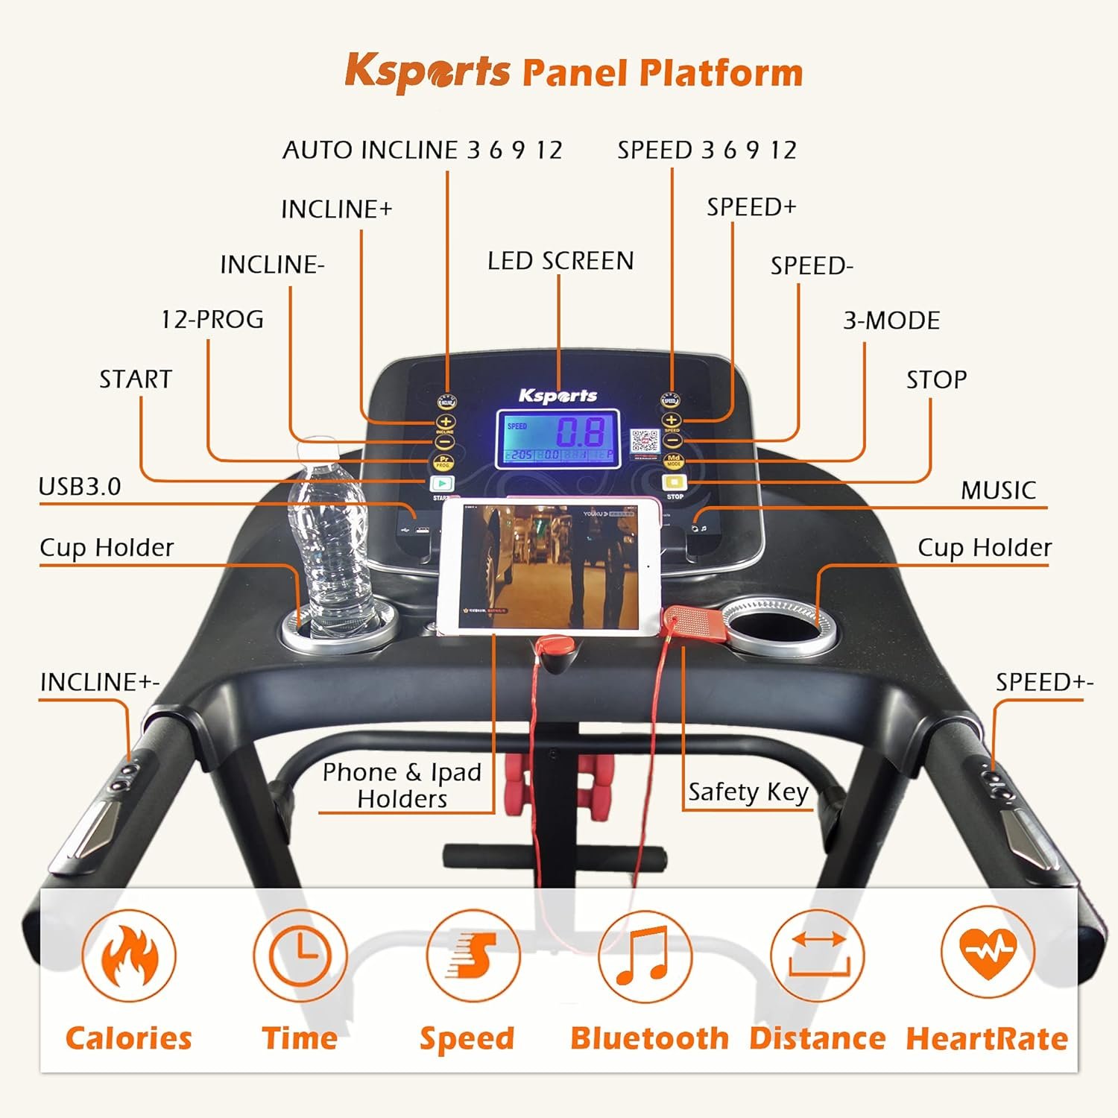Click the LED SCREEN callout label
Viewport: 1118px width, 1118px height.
(x=560, y=261)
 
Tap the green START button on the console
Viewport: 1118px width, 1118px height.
(x=442, y=484)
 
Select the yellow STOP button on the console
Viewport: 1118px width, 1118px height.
(x=674, y=482)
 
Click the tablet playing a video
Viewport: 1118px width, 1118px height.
(x=549, y=566)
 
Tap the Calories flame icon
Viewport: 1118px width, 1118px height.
(x=129, y=956)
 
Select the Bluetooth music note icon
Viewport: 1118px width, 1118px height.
(x=645, y=956)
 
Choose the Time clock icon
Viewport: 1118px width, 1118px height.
(x=300, y=956)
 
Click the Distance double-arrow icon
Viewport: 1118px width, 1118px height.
(x=818, y=956)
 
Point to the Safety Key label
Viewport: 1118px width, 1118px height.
(x=748, y=792)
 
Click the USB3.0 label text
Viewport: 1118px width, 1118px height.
(x=80, y=487)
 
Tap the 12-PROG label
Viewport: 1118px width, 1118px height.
(x=212, y=320)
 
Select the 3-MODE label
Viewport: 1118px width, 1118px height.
(x=891, y=320)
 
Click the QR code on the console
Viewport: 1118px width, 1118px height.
(x=645, y=442)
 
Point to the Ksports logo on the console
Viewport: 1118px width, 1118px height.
(x=558, y=396)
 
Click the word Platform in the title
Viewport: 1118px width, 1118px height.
(x=721, y=73)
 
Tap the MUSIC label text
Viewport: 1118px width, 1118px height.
(x=998, y=490)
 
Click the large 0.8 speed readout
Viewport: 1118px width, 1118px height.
(x=581, y=432)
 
